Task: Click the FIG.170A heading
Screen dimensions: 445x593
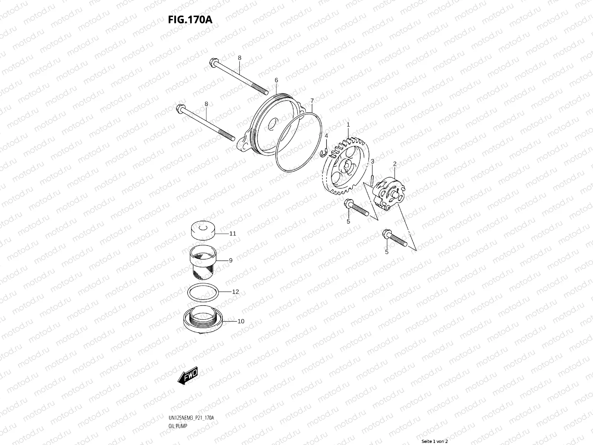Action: click(x=190, y=19)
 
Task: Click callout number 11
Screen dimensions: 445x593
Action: click(x=232, y=234)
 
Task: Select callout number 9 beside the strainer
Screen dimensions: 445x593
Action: click(x=231, y=260)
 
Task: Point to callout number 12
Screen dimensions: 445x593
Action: click(x=235, y=291)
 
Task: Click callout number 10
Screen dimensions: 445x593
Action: click(x=241, y=321)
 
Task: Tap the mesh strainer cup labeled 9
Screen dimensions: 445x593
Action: click(x=203, y=263)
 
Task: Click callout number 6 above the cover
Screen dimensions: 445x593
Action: click(x=276, y=80)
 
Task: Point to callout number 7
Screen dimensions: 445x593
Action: click(x=312, y=100)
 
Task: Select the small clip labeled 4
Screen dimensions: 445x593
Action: click(x=324, y=152)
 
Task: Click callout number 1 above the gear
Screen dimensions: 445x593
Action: click(x=348, y=125)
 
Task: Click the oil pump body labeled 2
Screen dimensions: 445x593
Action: click(x=389, y=191)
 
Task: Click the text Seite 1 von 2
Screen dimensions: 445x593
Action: click(x=435, y=441)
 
